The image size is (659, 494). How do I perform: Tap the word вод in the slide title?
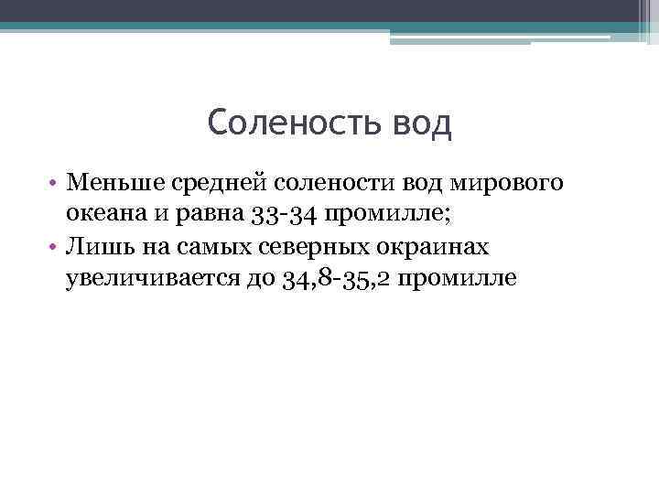pos(420,122)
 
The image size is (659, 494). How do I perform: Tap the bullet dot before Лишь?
pos(54,247)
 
